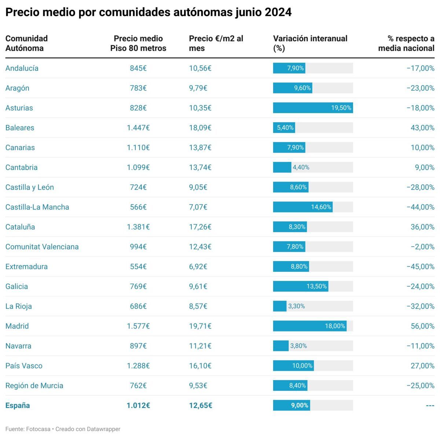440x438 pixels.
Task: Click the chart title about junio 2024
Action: (148, 12)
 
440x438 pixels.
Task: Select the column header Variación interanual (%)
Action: (310, 43)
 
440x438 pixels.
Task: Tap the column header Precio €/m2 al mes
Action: (216, 43)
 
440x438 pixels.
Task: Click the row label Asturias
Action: (19, 108)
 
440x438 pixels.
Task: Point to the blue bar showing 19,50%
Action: (313, 108)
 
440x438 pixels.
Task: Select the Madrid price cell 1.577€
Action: (138, 326)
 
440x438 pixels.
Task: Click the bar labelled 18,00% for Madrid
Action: (309, 326)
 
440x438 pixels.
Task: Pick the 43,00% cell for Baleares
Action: (422, 128)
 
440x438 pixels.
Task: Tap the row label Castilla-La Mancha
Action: (37, 207)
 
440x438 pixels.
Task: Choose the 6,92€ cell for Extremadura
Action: (198, 267)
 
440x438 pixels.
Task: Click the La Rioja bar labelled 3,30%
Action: (280, 307)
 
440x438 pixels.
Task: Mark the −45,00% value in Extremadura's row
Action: (420, 267)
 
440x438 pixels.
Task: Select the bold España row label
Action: (18, 406)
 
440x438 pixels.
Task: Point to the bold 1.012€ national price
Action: (138, 406)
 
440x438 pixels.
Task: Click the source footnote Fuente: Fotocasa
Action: (28, 429)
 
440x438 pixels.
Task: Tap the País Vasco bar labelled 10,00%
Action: (293, 366)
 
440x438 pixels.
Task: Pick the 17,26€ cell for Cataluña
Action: (200, 227)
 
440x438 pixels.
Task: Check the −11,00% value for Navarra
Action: (420, 346)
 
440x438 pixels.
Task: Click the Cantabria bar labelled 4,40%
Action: (282, 168)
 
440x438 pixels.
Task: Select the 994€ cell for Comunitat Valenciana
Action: (138, 247)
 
